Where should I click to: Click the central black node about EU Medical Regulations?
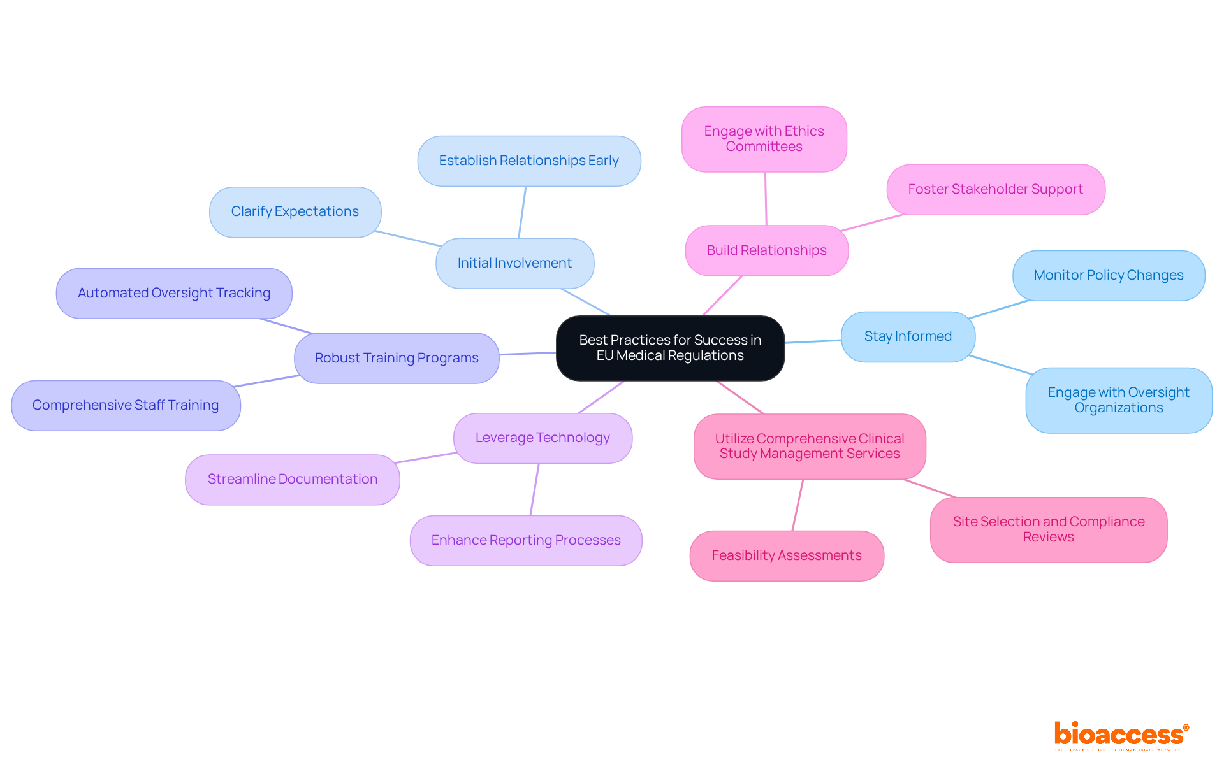670,348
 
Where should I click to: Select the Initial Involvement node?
514,263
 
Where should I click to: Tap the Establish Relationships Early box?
528,161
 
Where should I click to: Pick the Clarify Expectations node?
295,211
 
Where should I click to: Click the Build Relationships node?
766,250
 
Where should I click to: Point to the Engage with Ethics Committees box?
764,139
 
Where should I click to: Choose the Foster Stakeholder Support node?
995,189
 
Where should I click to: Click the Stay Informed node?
908,336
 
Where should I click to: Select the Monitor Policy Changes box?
1108,275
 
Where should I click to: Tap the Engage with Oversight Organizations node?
1118,400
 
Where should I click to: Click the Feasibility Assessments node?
786,555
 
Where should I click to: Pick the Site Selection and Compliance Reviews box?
1048,529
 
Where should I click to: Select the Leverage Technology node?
543,438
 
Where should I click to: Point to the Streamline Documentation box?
292,479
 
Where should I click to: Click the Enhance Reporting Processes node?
525,540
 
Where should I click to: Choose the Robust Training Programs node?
396,358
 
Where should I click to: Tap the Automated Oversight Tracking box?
173,293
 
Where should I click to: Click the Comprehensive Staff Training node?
126,405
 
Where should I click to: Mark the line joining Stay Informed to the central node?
813,341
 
